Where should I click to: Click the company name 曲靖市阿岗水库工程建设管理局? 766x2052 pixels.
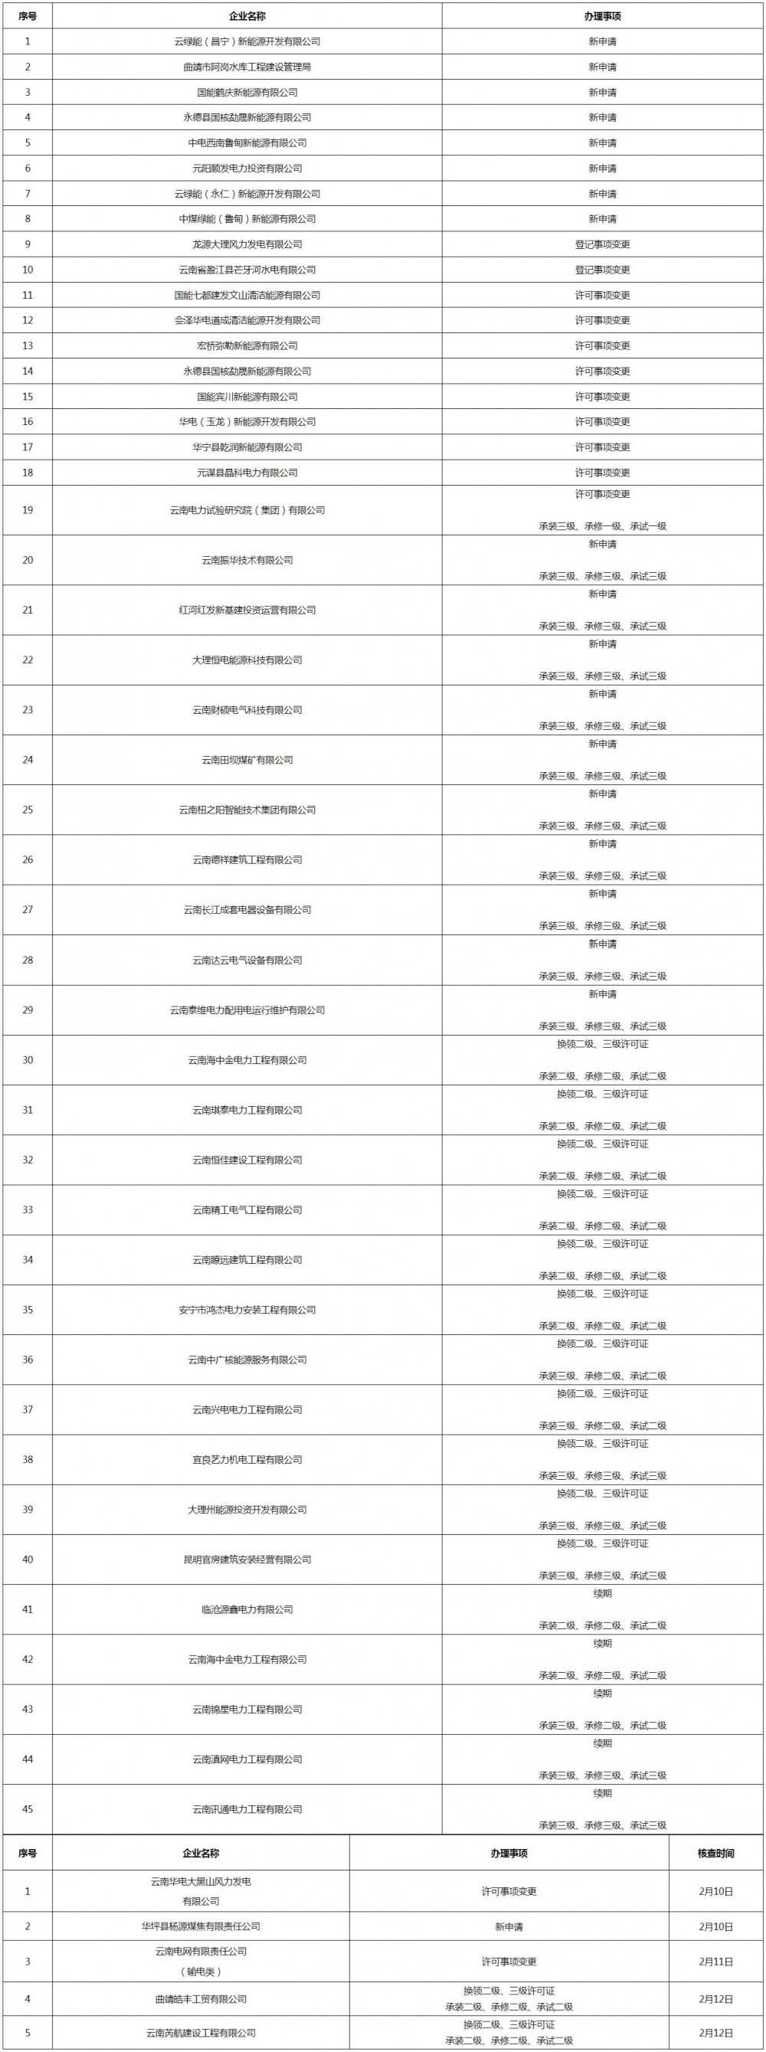tap(247, 67)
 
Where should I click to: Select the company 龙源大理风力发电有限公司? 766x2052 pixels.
tap(247, 244)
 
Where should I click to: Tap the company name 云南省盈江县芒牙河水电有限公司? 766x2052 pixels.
tap(247, 270)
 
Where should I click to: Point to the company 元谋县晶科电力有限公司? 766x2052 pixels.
tap(247, 473)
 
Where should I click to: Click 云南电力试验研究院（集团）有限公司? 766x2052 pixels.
tap(247, 511)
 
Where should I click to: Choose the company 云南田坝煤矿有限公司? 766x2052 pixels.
tap(247, 760)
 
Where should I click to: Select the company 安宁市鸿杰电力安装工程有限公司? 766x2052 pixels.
tap(247, 1310)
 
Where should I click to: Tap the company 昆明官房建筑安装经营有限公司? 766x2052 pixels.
tap(247, 1559)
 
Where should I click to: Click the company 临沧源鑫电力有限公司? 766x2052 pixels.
tap(247, 1610)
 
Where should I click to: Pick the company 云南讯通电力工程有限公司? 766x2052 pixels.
tap(247, 1809)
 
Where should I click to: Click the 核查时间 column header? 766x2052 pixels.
tap(715, 1854)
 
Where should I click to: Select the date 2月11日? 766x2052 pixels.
tap(715, 1961)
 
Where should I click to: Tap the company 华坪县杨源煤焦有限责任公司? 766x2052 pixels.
tap(201, 1926)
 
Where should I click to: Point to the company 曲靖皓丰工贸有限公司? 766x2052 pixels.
tap(201, 1998)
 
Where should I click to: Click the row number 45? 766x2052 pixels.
tap(28, 1809)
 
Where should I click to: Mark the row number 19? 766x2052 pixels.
tap(28, 511)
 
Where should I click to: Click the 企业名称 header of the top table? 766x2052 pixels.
tap(247, 16)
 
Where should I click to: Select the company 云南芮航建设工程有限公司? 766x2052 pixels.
tap(201, 2033)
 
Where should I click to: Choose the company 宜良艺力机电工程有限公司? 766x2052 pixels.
tap(247, 1459)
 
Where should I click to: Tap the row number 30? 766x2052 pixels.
tap(28, 1060)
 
